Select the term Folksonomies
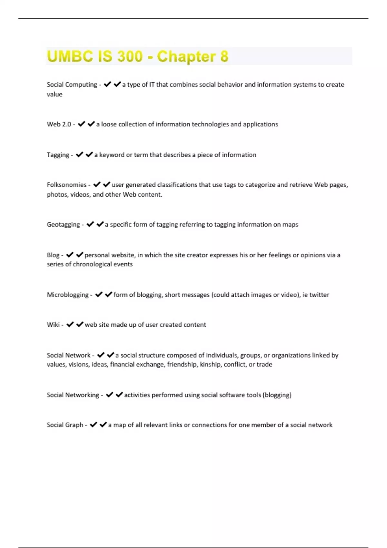[x=66, y=185]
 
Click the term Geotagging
[x=63, y=225]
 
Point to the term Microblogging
[x=67, y=295]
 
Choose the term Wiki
[x=53, y=325]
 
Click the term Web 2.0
[x=59, y=124]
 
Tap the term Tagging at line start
[x=58, y=155]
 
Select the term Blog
[x=53, y=255]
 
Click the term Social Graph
[x=65, y=425]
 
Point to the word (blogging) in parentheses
[x=277, y=395]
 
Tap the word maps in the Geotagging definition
[x=290, y=225]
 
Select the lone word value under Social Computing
[x=55, y=94]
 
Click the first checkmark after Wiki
[x=70, y=325]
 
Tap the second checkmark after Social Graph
[x=103, y=425]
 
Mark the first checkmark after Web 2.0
[x=81, y=124]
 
